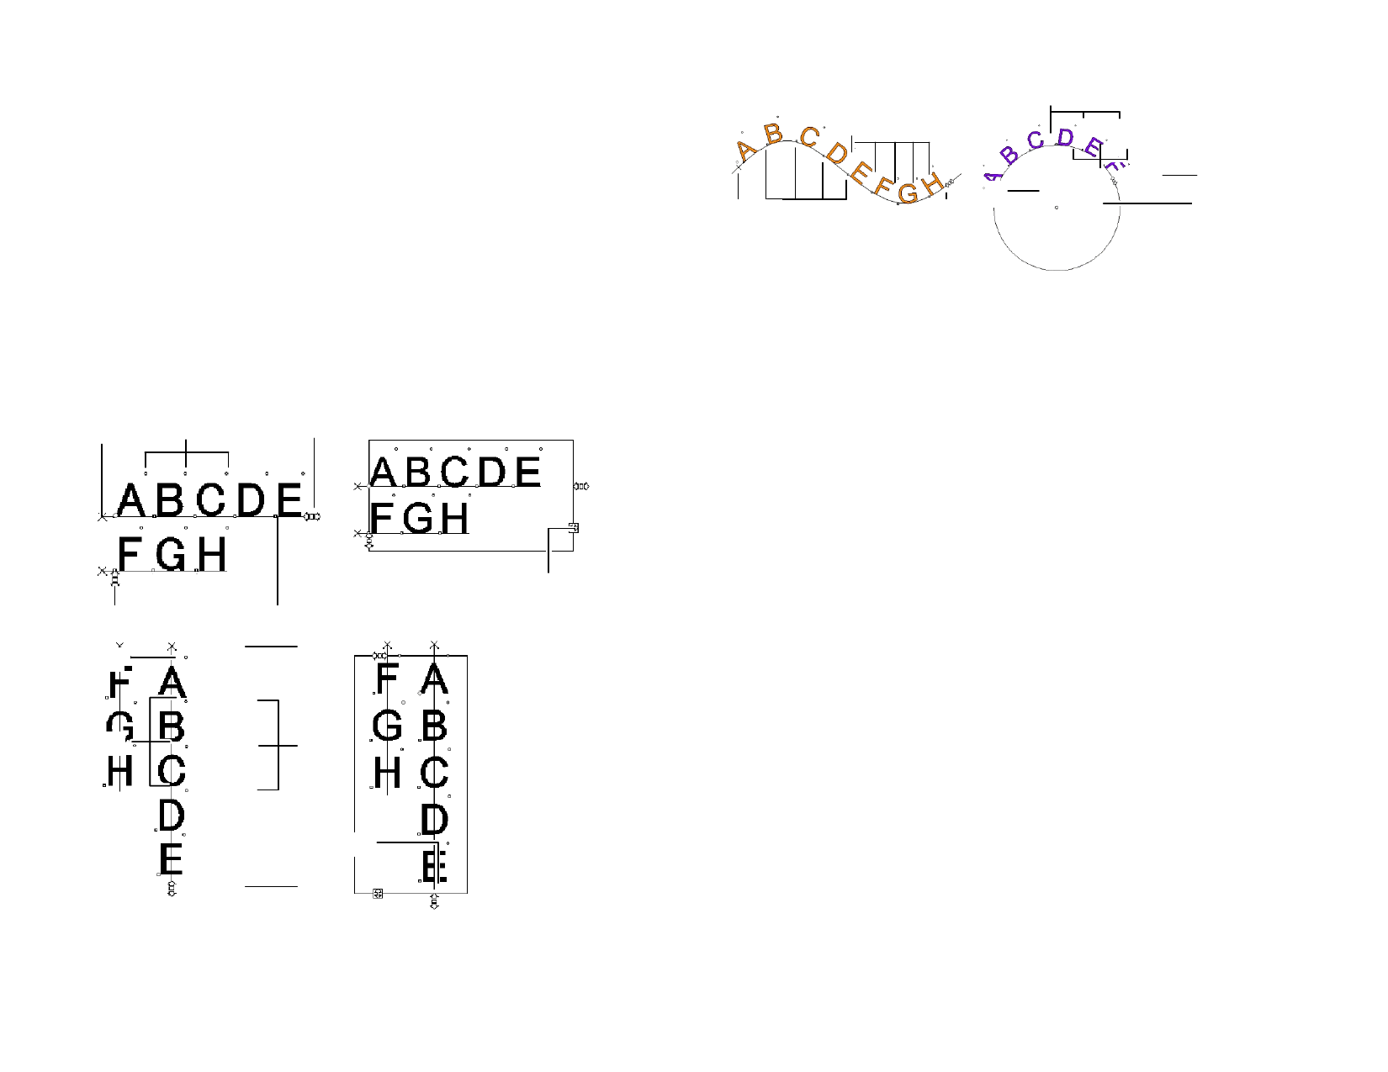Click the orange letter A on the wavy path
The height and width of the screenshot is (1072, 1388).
[745, 151]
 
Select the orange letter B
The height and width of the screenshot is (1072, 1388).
[773, 134]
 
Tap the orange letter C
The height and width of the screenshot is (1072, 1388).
[809, 137]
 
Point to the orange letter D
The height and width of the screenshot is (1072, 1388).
[837, 153]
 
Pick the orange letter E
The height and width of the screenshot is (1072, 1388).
[859, 173]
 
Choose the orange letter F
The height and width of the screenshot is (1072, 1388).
[882, 186]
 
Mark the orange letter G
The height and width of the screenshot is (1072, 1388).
[908, 193]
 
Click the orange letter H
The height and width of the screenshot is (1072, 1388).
[931, 184]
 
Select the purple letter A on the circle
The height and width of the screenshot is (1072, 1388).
[993, 177]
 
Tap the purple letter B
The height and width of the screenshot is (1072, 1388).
[1009, 155]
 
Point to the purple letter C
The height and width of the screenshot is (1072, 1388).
[1036, 140]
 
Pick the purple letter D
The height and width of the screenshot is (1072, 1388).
[1065, 137]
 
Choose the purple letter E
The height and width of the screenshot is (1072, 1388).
[1092, 148]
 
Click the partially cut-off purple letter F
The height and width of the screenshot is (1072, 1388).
[1112, 167]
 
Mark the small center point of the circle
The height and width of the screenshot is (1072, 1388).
[1057, 208]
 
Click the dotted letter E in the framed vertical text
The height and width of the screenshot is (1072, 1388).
[434, 866]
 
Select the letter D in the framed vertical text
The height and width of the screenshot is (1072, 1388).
[434, 819]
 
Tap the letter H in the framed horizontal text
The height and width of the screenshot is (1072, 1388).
[454, 518]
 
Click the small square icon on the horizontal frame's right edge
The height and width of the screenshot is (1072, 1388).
[574, 528]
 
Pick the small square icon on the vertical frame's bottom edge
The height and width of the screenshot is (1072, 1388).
[378, 893]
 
